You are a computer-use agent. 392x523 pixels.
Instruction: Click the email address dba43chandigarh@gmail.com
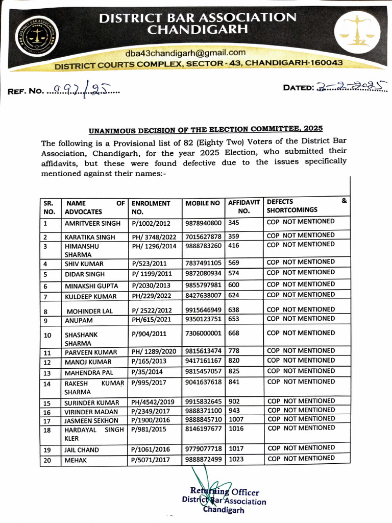point(185,53)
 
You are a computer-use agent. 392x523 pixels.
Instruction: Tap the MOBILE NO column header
point(203,203)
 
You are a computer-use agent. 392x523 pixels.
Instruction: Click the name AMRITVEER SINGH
point(92,223)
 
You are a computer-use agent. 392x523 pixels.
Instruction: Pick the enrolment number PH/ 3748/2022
point(153,237)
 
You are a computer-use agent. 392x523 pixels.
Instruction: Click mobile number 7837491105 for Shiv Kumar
point(203,263)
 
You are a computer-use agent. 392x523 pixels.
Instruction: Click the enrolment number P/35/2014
point(149,372)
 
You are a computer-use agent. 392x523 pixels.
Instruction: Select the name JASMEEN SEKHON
point(91,420)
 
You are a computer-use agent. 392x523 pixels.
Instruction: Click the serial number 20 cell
point(47,460)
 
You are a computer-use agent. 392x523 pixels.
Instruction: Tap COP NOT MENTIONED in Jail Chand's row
point(301,448)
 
